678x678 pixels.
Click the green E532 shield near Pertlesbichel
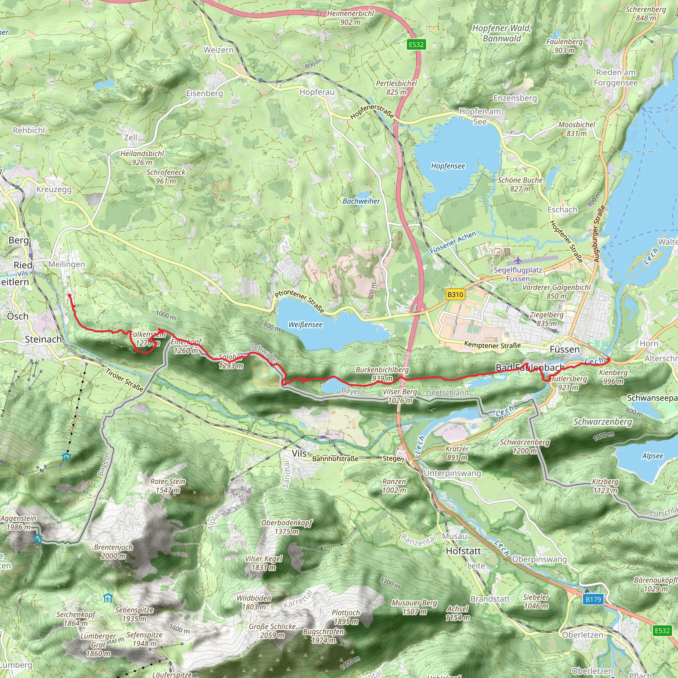416,45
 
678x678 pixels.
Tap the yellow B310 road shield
455,294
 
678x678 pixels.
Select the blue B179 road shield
593,600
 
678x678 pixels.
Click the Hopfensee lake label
448,166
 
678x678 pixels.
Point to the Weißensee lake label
305,325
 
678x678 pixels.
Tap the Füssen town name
565,349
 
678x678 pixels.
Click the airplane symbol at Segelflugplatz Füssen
518,260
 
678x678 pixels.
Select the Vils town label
299,454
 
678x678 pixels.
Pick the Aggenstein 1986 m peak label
18,522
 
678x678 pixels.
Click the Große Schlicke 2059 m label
272,631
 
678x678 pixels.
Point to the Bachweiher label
361,201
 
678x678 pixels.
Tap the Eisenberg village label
204,93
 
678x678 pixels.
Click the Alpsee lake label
653,456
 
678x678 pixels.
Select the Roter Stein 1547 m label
168,486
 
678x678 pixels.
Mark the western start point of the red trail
70,296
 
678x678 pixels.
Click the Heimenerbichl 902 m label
350,18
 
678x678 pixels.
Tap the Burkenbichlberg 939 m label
382,374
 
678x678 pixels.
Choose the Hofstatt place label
463,551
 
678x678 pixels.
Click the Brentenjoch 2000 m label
113,551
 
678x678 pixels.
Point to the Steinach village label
43,339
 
